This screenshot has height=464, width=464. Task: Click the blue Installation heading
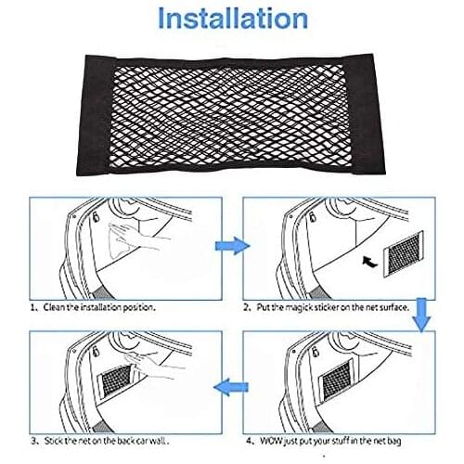231,19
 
